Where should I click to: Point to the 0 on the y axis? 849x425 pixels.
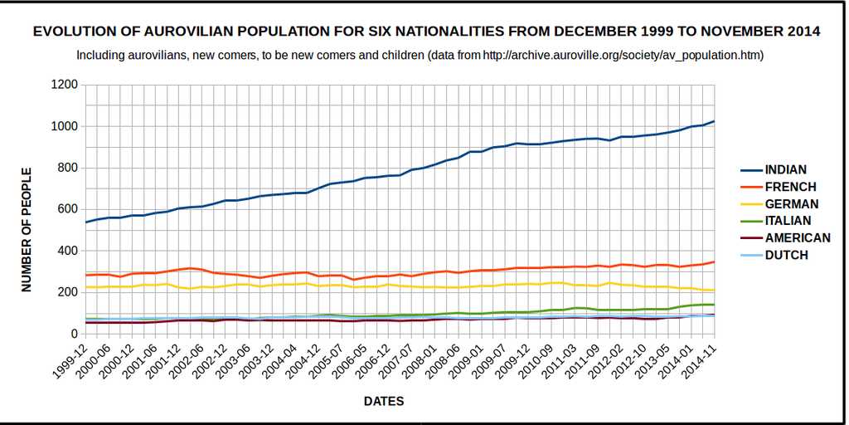(74, 334)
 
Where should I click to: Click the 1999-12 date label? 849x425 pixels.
(70, 361)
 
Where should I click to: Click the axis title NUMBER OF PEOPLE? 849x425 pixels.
(27, 229)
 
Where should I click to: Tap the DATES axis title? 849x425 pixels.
(384, 402)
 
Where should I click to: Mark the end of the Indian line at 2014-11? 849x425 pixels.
(714, 121)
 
